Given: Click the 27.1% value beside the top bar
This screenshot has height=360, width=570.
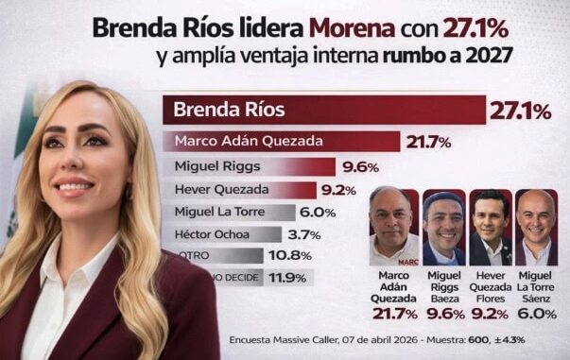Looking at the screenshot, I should click(x=520, y=111).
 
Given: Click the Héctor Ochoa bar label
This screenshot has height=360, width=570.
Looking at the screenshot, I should click(x=210, y=234).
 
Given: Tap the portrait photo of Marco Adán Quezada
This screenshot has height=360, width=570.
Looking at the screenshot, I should click(x=393, y=227).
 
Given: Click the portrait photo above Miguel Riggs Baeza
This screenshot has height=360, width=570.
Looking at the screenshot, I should click(x=443, y=228).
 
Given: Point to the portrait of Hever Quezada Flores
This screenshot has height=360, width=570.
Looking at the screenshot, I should click(x=490, y=228).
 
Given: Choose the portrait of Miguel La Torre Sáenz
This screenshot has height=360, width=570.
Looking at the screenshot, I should click(x=537, y=228).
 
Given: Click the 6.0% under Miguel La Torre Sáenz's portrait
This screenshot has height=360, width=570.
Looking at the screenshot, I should click(x=537, y=314).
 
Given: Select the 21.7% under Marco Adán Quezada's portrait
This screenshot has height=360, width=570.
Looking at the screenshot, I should click(x=394, y=314).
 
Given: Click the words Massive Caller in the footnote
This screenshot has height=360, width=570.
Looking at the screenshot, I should click(x=303, y=340).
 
